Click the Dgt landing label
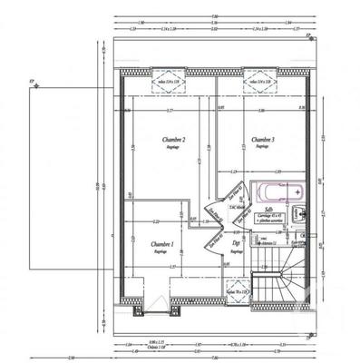[x=235, y=242]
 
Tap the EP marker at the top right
[x=308, y=35]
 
